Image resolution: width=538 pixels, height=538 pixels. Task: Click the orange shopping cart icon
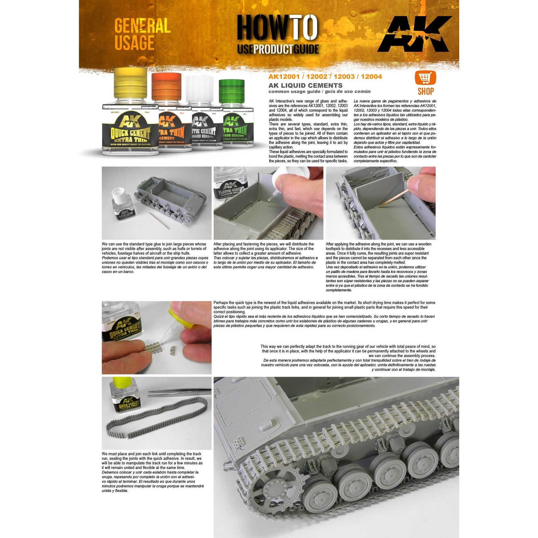pos(425,78)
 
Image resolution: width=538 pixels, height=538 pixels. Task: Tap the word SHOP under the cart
pos(425,92)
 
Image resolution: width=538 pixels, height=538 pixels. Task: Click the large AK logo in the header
pos(415,34)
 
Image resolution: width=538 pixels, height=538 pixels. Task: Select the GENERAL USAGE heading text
pos(142,34)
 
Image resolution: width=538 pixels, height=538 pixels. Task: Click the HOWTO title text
pos(277,27)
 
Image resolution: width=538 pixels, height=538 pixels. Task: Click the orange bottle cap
pos(166,86)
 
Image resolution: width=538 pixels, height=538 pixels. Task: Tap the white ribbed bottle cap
pos(199,89)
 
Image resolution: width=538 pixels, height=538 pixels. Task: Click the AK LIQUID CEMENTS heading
pos(305,85)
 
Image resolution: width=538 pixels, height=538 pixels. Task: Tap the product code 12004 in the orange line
pos(371,77)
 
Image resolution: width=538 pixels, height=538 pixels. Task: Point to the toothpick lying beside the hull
pos(159,220)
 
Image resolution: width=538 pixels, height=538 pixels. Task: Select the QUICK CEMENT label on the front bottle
pos(130,134)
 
